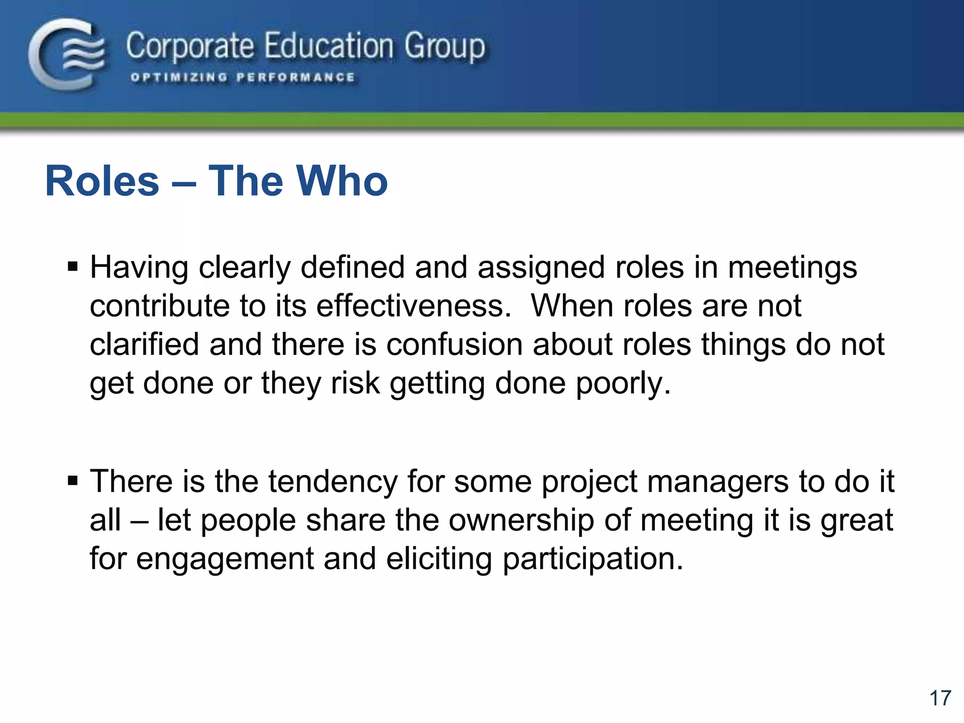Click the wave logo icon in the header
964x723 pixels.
click(67, 54)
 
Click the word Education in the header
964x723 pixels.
click(329, 46)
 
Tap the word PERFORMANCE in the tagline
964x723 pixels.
click(295, 78)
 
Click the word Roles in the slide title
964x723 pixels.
click(102, 181)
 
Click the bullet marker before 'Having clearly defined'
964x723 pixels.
click(72, 267)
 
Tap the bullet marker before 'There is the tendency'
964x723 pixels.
click(72, 481)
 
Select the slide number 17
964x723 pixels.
click(940, 698)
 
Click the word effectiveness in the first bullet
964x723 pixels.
click(413, 306)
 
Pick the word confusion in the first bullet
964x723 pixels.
click(454, 345)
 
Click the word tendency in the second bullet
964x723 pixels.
click(333, 482)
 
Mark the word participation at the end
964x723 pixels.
click(593, 559)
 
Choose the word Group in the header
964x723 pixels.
click(444, 46)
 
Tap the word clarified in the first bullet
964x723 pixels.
click(145, 345)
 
